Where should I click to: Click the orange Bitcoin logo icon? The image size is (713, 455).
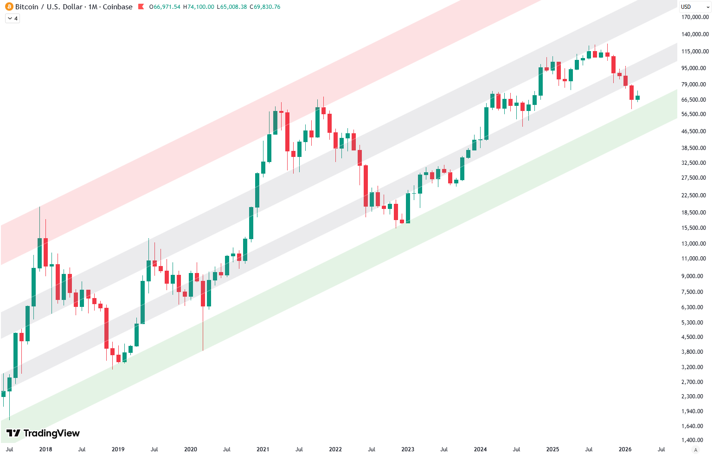click(x=9, y=7)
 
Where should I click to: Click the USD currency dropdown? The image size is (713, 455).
click(x=694, y=7)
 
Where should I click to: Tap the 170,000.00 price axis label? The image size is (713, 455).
click(x=695, y=17)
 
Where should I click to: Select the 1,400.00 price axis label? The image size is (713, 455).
click(x=695, y=440)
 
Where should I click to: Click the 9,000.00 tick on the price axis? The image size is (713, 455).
click(x=695, y=276)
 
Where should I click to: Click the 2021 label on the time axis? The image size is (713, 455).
click(x=263, y=449)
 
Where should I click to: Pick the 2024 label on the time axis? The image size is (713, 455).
click(x=480, y=449)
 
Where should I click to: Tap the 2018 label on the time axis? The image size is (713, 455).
click(x=45, y=449)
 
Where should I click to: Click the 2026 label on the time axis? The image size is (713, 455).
click(x=625, y=449)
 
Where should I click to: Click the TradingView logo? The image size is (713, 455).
click(x=43, y=433)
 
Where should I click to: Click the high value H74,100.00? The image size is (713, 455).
click(x=199, y=7)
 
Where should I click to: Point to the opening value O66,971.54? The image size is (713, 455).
click(x=165, y=7)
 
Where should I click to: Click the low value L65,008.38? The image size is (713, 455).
click(x=232, y=7)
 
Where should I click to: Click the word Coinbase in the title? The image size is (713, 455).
click(x=117, y=7)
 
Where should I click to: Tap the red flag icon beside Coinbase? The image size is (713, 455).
click(x=141, y=7)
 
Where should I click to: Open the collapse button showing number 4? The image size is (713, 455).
click(x=13, y=19)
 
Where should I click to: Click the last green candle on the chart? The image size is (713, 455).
click(x=637, y=98)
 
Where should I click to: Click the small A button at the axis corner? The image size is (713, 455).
click(x=695, y=449)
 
